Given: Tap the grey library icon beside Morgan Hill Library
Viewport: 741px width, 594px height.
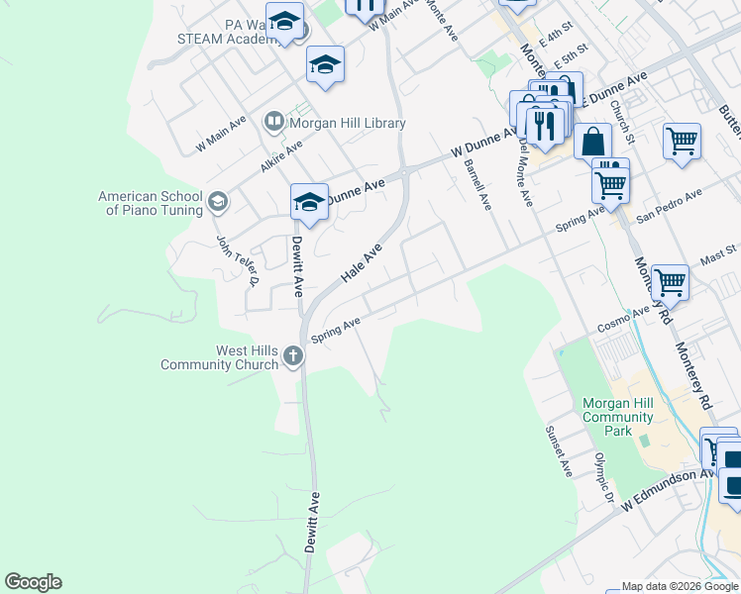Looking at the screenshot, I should [273, 123].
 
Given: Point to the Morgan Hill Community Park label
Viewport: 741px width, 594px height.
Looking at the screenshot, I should [618, 417].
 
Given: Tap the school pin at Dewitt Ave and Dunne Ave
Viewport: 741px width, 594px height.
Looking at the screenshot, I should [309, 203].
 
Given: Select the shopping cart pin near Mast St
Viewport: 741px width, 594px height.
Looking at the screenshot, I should [671, 281].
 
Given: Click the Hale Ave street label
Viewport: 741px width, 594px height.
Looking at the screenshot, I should [362, 265].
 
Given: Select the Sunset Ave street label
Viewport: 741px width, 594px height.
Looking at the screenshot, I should [559, 452].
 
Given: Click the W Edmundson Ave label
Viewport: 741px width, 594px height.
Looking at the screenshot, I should [669, 490].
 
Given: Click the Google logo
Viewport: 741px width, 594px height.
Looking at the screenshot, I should [33, 582].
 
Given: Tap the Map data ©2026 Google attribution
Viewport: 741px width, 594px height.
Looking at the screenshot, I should [679, 586].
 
